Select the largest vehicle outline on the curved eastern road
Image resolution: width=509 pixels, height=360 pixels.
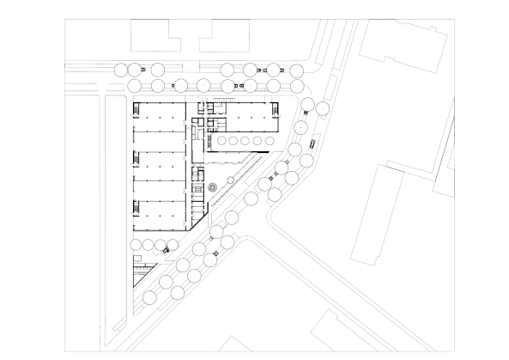tap(313, 143)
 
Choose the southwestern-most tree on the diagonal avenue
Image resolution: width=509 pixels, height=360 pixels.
tap(149, 297)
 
